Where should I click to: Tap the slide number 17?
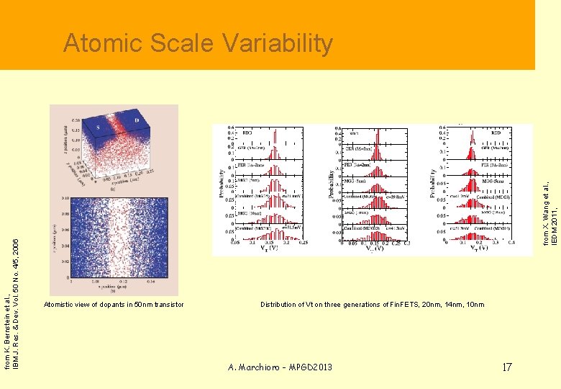coord(506,367)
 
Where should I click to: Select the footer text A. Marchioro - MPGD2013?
coord(280,367)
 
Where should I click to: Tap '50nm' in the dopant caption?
coord(142,305)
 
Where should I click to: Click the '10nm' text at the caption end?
coord(475,305)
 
